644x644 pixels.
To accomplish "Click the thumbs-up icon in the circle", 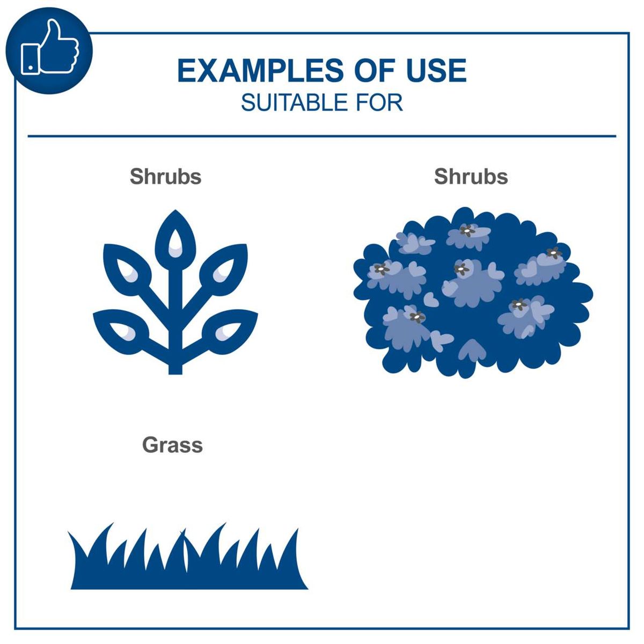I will click(49, 50).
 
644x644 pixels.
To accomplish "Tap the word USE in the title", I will click(436, 71).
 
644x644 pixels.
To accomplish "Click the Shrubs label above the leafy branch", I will click(165, 177).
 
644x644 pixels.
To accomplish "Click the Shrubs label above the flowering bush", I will click(471, 177).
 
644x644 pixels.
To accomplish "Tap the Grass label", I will click(172, 445).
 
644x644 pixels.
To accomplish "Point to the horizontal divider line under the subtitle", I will click(322, 136).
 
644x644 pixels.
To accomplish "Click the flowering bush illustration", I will click(472, 292).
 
